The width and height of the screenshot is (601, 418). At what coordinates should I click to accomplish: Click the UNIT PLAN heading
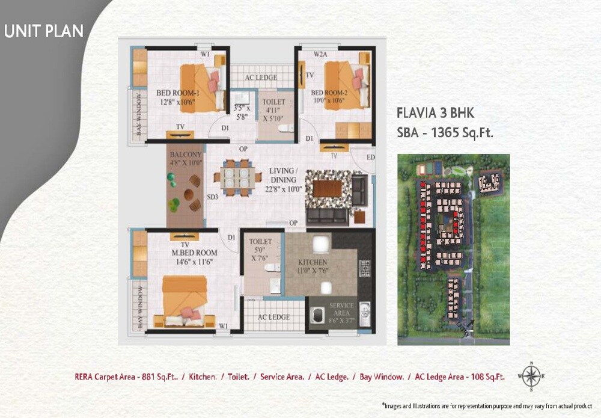[44, 31]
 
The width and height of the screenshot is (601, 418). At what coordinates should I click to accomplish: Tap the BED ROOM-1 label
[177, 93]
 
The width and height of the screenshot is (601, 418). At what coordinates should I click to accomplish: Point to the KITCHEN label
[313, 263]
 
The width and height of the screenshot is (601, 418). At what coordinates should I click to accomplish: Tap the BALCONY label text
[186, 155]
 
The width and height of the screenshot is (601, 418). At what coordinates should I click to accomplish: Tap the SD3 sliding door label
[212, 197]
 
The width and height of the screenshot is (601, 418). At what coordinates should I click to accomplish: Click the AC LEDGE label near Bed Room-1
[261, 78]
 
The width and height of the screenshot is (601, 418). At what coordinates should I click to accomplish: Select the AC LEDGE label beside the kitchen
[273, 317]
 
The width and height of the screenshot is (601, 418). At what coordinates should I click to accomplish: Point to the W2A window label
[320, 54]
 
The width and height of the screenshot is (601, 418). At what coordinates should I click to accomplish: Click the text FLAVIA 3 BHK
[435, 113]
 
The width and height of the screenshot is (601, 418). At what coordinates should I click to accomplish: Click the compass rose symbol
[530, 376]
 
